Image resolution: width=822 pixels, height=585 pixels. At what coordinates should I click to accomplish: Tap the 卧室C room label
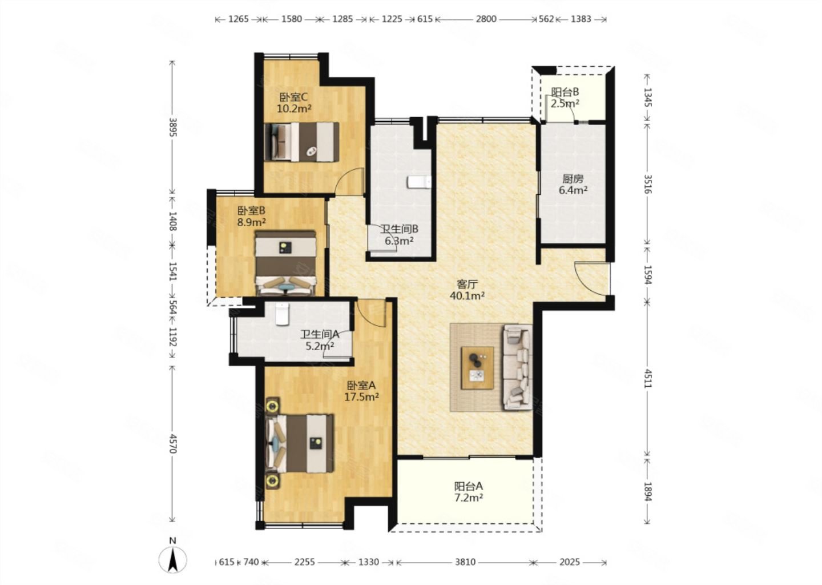[x=293, y=97]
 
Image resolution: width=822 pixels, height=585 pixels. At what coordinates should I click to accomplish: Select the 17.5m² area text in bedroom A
[x=361, y=396]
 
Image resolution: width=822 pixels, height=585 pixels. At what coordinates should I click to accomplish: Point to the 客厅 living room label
[x=467, y=284]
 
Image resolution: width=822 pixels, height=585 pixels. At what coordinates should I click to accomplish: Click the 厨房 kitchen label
[x=573, y=179]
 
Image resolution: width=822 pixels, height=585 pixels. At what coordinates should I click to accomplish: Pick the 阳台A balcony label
[x=469, y=486]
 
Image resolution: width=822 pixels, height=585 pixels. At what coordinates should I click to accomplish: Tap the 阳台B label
[x=565, y=92]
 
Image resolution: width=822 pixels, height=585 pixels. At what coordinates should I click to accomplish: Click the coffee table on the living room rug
[x=477, y=367]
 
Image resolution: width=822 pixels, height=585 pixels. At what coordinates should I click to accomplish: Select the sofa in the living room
[x=517, y=367]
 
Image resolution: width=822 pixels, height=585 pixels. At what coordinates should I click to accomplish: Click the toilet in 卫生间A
[x=282, y=314]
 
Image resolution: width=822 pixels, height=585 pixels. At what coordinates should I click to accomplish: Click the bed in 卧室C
[x=301, y=142]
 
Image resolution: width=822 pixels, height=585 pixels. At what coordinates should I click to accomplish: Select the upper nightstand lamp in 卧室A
[x=272, y=406]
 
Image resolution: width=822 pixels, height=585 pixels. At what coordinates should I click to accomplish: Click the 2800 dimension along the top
[x=486, y=19]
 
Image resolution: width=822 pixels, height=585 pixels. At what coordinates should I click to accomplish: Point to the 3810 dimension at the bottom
[x=465, y=562]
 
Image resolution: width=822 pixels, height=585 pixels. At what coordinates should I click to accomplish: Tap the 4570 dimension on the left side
[x=173, y=444]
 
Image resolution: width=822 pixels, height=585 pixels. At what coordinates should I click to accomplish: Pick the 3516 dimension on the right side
[x=648, y=184]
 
